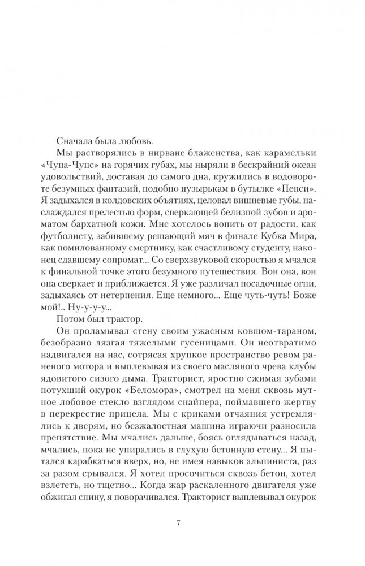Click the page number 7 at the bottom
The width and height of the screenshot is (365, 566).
[178, 521]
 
